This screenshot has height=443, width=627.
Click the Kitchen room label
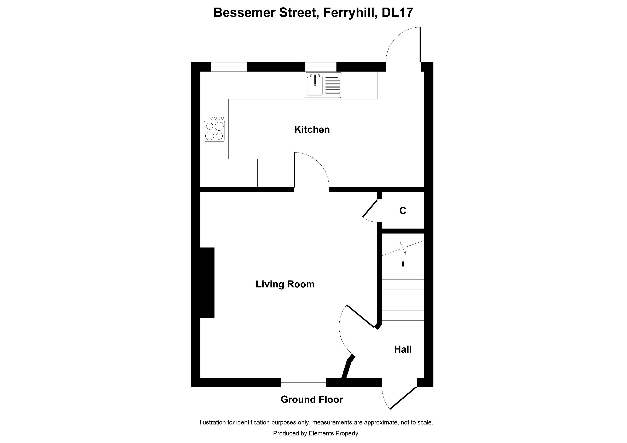[x=312, y=129]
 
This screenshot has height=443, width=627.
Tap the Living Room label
[x=285, y=284]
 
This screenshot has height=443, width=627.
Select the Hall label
[x=403, y=349]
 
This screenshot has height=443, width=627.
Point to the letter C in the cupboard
[x=403, y=211]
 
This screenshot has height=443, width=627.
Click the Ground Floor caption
[x=312, y=399]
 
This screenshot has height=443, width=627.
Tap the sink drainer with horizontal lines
[x=333, y=85]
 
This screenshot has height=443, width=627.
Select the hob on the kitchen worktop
[x=214, y=129]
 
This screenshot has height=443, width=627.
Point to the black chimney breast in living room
[x=207, y=283]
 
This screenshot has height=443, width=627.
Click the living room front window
[x=303, y=382]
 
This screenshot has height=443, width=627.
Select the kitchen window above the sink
[x=320, y=67]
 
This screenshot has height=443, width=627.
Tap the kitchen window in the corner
[x=229, y=67]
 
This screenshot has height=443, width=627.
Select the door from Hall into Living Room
[x=360, y=316]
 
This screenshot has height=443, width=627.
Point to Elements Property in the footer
[x=333, y=433]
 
